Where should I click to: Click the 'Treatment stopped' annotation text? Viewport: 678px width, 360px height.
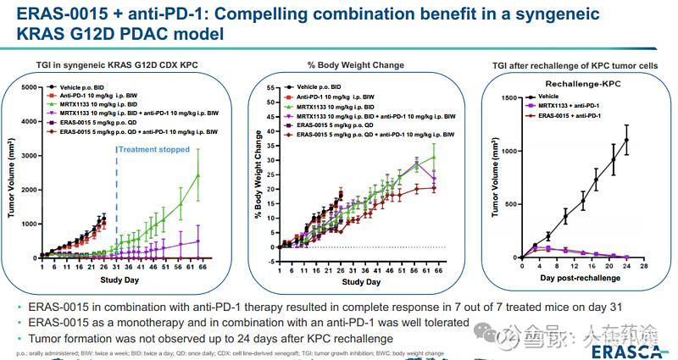tap(155, 149)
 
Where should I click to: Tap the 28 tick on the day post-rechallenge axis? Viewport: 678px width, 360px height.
tap(645, 265)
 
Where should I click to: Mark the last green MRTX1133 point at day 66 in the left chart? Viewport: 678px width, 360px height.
tap(198, 175)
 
